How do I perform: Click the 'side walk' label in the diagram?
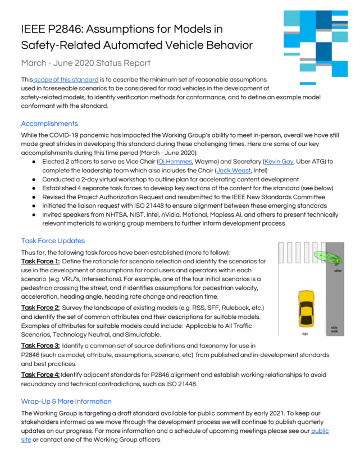(335, 329)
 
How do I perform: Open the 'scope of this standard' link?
(66, 80)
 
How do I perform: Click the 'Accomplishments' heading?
(49, 123)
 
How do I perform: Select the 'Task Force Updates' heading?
(53, 241)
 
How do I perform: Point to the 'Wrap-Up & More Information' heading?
(66, 401)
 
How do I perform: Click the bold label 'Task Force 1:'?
(40, 262)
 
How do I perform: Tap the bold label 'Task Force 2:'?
(40, 308)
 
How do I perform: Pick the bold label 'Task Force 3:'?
(40, 346)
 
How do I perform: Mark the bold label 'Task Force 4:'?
(40, 374)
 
